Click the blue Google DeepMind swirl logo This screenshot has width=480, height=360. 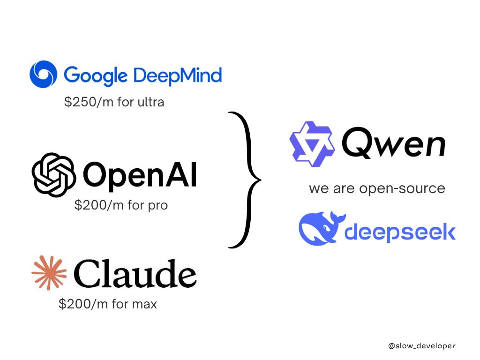pyautogui.click(x=43, y=74)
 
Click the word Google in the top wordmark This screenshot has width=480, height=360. pyautogui.click(x=96, y=75)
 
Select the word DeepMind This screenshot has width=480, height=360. pyautogui.click(x=178, y=75)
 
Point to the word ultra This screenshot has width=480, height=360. pyautogui.click(x=150, y=102)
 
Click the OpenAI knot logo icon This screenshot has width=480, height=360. pyautogui.click(x=54, y=174)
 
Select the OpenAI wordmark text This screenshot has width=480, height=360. pyautogui.click(x=140, y=175)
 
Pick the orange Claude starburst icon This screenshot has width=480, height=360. pyautogui.click(x=49, y=272)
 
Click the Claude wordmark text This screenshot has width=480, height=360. pyautogui.click(x=135, y=273)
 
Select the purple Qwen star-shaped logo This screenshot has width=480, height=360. pyautogui.click(x=312, y=144)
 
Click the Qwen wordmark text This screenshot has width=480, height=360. pyautogui.click(x=393, y=142)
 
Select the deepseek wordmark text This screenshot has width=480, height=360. pyautogui.click(x=400, y=232)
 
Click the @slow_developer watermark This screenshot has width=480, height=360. pyautogui.click(x=422, y=346)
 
